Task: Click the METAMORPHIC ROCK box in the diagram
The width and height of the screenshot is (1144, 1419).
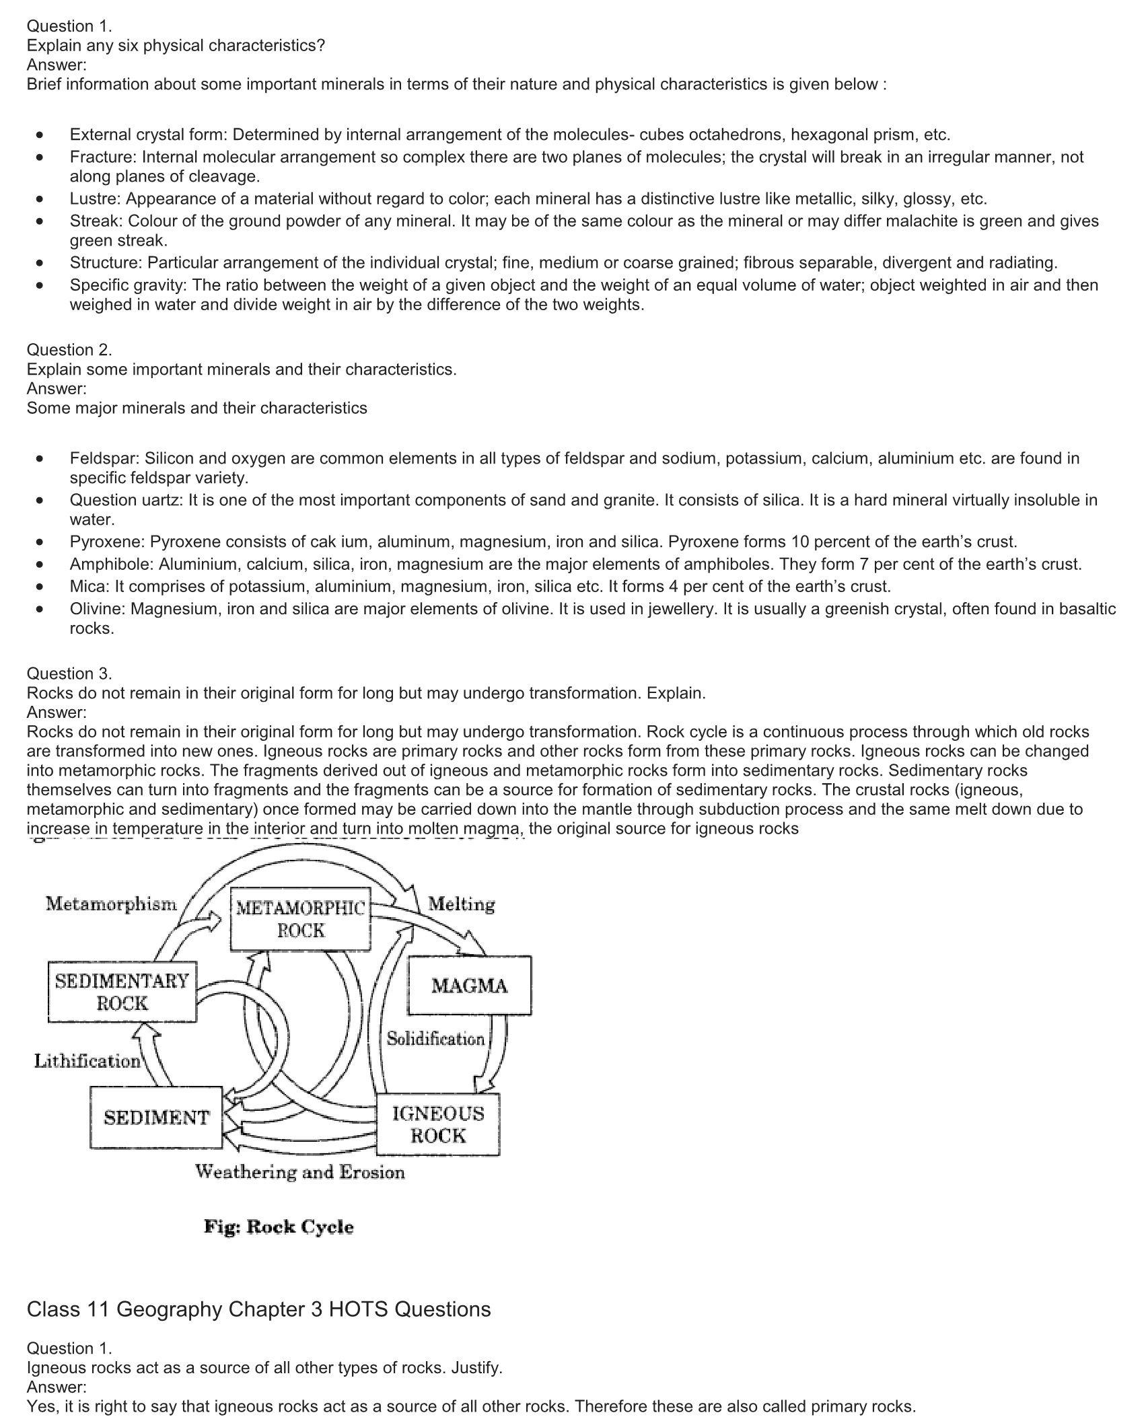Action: point(300,919)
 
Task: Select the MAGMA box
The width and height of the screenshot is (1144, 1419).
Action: point(470,986)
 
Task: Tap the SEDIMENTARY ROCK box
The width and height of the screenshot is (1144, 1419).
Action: point(122,992)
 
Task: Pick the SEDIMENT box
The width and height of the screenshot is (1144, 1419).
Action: point(156,1118)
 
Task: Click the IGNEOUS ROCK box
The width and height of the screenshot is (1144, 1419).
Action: point(438,1124)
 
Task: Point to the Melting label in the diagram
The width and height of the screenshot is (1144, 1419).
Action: point(462,904)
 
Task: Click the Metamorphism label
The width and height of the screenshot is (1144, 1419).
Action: point(111,903)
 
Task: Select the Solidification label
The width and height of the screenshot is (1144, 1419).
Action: point(435,1039)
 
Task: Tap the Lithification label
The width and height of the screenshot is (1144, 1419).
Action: point(87,1061)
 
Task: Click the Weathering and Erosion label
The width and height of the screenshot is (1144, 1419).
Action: point(300,1172)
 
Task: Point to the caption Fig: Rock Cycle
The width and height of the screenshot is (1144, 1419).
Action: point(279,1227)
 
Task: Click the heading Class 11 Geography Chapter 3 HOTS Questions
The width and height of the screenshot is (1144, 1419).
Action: point(258,1309)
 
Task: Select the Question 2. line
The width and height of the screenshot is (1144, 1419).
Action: point(69,350)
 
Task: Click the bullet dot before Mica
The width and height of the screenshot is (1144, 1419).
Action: point(42,587)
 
